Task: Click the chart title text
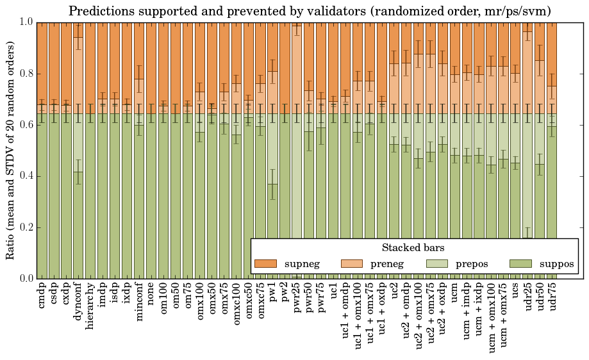click(x=310, y=11)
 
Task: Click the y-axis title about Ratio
click(x=11, y=150)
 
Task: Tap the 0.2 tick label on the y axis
click(x=26, y=227)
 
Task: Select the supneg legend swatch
click(x=265, y=263)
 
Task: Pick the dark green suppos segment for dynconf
click(x=78, y=225)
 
